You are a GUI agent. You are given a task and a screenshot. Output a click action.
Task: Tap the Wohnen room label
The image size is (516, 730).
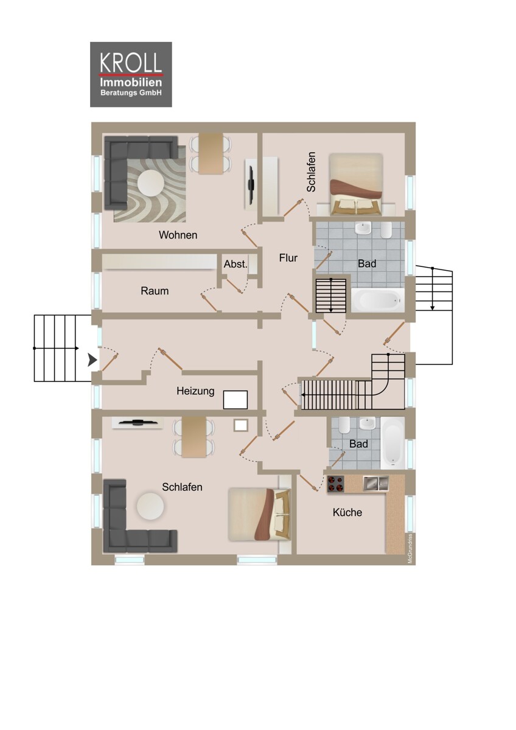pos(178,235)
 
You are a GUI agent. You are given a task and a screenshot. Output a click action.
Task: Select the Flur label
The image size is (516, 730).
pos(288,258)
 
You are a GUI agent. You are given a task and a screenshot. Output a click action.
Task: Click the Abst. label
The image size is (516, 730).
pos(235,264)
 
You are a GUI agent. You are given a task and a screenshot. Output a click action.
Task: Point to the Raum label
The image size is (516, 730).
pos(155,291)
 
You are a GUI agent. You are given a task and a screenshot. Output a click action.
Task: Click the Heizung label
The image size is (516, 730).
pos(195,391)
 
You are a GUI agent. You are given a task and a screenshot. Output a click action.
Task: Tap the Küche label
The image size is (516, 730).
pos(347,512)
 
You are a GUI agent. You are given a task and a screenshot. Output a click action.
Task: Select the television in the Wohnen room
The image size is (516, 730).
pos(251,185)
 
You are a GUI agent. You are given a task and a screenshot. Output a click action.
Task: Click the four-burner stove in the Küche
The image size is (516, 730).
pos(336,484)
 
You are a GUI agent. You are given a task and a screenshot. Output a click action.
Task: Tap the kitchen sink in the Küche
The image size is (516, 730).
pos(376,483)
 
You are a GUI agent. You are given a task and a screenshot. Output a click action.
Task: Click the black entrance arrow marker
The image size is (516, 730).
pos(92,361)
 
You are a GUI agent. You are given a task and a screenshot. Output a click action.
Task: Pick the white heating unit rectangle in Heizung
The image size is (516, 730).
pos(235,400)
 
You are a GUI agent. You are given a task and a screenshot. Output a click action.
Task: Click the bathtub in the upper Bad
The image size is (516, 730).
pos(377,300)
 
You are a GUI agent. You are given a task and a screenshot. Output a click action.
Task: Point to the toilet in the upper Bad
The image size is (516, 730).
pos(386,230)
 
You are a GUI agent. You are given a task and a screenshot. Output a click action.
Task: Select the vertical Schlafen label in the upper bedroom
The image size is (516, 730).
pos(312,172)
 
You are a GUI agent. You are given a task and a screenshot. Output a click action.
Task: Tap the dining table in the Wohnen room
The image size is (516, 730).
pos(211,153)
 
